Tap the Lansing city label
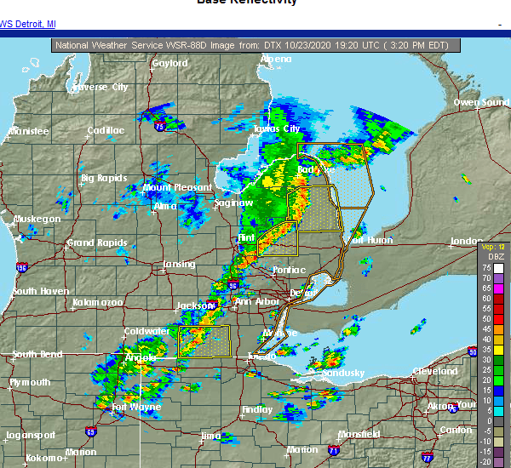[179, 264]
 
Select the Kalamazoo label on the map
[97, 302]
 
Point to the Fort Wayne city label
[136, 407]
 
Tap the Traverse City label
[100, 87]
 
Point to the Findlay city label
[257, 409]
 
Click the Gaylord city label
[169, 63]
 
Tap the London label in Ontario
[466, 241]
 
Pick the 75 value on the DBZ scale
[486, 267]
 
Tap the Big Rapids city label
[104, 178]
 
